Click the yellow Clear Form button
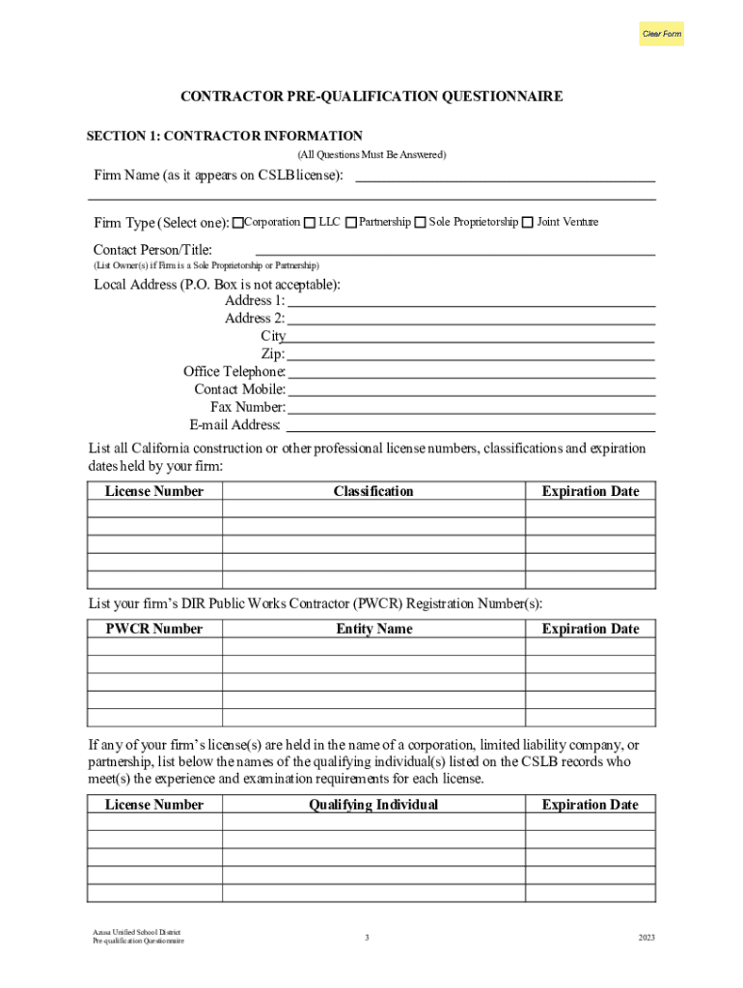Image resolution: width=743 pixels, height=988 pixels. (662, 34)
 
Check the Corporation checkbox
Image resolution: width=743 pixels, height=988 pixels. (238, 223)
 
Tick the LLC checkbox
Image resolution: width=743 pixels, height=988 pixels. (310, 223)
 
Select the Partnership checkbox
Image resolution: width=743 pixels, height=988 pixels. (351, 223)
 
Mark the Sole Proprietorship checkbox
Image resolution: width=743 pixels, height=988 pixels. (421, 223)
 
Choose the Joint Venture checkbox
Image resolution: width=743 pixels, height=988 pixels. (528, 223)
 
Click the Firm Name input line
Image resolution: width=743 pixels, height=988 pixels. (506, 175)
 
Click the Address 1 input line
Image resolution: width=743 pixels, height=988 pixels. (472, 300)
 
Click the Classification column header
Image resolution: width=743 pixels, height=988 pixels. (373, 491)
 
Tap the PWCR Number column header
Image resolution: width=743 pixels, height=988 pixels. (154, 629)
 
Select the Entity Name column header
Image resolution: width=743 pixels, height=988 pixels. (373, 629)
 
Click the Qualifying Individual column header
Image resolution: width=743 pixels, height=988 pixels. (373, 805)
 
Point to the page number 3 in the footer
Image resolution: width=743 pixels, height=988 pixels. (367, 937)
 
